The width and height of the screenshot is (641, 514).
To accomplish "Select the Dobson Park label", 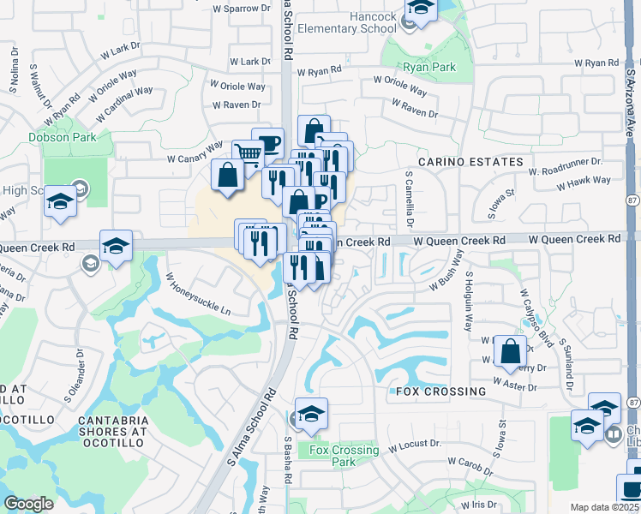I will point(62,136).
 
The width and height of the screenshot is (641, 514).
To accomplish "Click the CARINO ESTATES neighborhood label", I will point(470,162).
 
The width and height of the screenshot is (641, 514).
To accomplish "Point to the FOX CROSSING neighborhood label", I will point(441,391).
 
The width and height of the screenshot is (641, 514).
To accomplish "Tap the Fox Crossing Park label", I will point(344,456).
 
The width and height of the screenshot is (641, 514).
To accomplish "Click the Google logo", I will point(28,504).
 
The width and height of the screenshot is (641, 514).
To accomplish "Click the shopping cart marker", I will point(247,154).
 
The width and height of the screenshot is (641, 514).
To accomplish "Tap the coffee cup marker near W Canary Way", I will point(268,143).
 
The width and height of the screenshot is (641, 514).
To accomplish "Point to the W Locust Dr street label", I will point(414,445).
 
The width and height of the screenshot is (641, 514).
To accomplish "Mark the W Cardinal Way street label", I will point(124,104).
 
